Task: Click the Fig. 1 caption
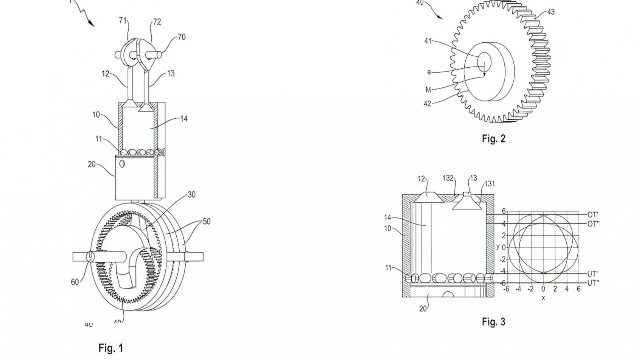[110, 348]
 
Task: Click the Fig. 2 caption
[493, 139]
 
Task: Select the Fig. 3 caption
[493, 322]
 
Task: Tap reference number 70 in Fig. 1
[181, 37]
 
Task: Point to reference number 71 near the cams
[123, 21]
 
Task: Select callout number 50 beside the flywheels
[206, 221]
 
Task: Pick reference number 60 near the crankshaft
[75, 282]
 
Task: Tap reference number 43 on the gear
[550, 12]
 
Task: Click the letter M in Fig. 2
[428, 90]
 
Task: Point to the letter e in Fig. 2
[429, 72]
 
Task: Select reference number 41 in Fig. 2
[428, 41]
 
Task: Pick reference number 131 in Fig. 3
[490, 184]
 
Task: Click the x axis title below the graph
[543, 298]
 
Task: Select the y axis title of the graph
[498, 247]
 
